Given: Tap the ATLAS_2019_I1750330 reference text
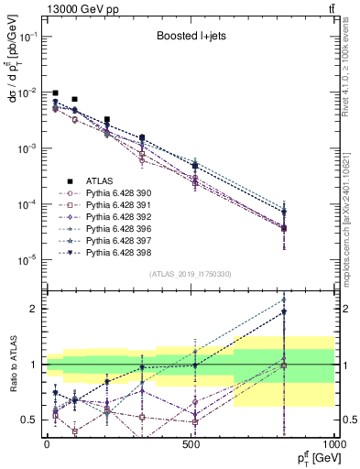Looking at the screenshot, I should (191, 274).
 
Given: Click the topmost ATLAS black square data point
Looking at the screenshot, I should (56, 93).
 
